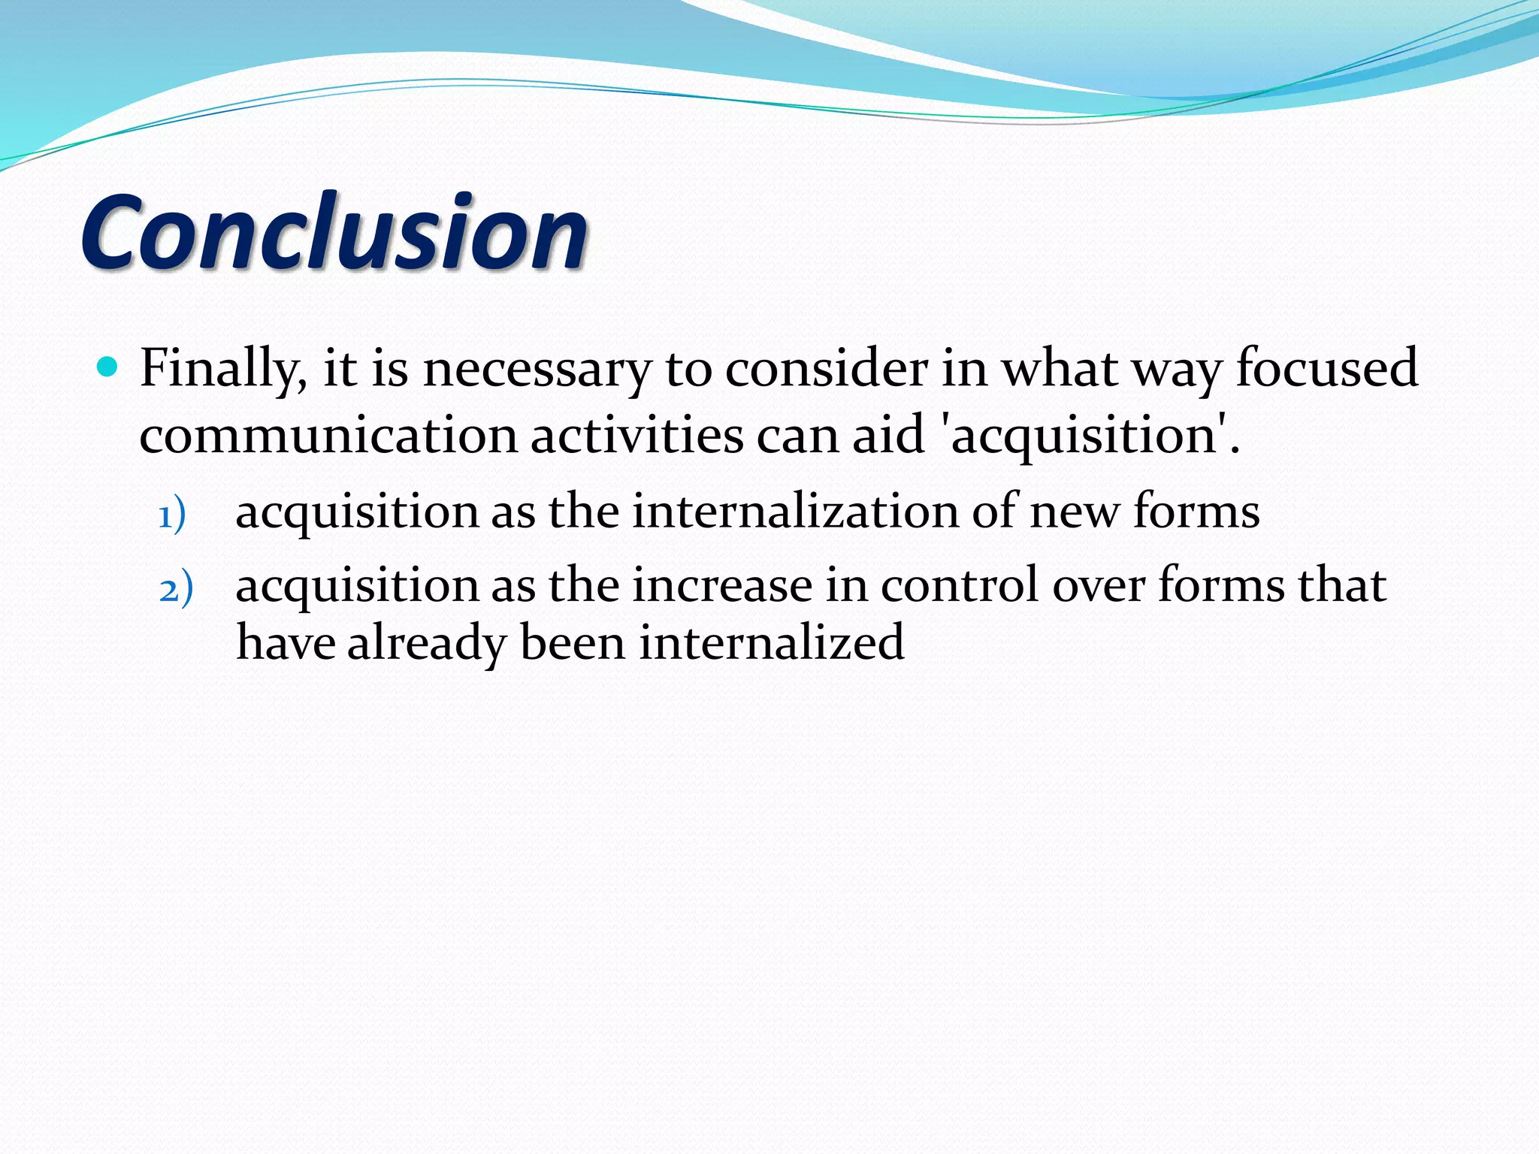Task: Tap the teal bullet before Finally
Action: pos(109,367)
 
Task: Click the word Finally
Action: pos(222,370)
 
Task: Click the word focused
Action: pos(1326,368)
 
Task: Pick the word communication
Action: pos(328,436)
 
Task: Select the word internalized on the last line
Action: pos(772,643)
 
